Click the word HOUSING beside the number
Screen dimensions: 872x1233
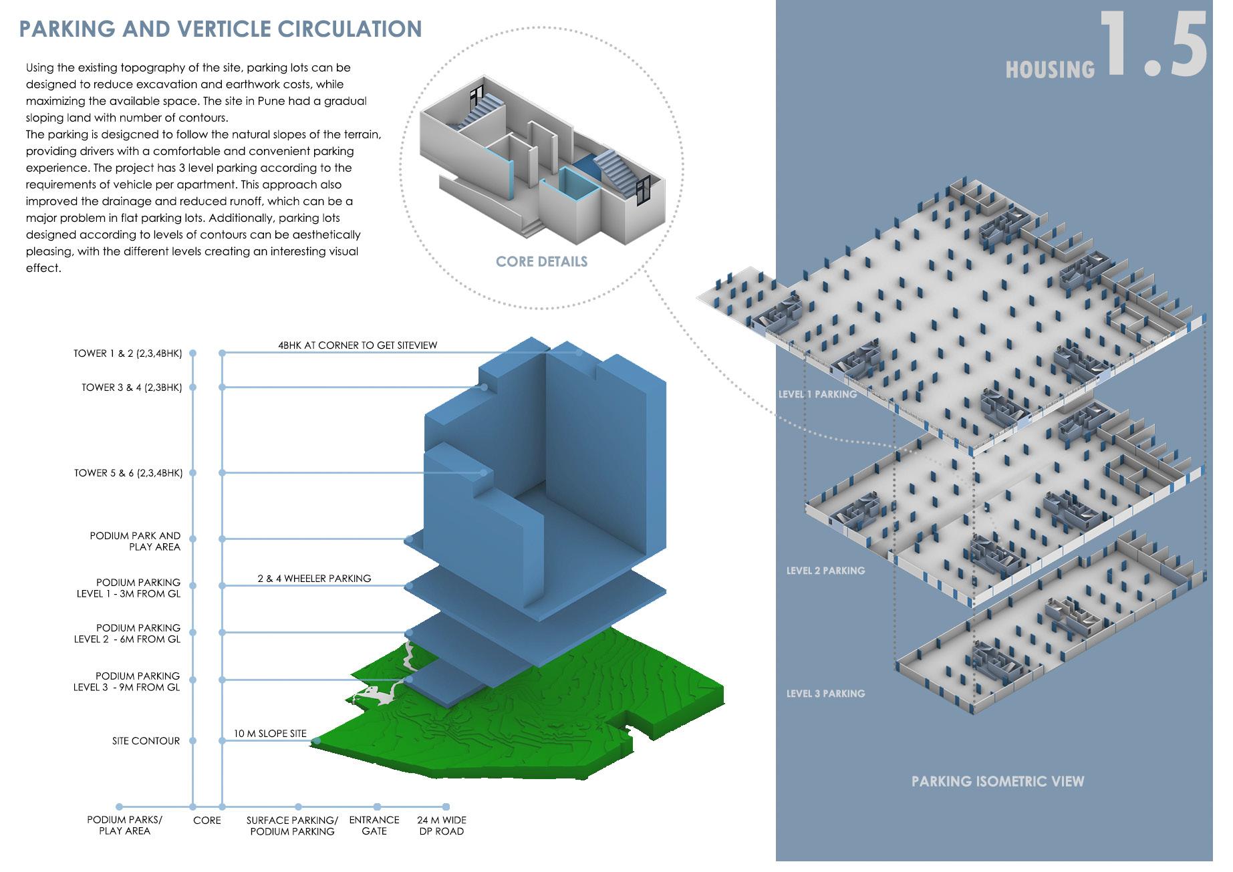(x=1050, y=69)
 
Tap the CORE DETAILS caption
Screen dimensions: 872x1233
(x=541, y=261)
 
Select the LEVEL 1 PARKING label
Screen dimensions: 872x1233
(x=817, y=394)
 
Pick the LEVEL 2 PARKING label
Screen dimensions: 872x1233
(x=825, y=571)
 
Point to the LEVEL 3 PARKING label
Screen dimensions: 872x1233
(x=825, y=694)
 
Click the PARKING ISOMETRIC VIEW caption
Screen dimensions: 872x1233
(x=997, y=781)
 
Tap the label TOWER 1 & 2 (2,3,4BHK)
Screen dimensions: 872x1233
(x=128, y=353)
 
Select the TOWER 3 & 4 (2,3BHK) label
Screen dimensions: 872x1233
(x=132, y=388)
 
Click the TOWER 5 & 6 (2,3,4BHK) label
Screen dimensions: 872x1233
(x=128, y=473)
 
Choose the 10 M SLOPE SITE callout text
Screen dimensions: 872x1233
(x=270, y=734)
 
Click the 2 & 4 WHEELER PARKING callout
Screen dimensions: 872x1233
(x=314, y=579)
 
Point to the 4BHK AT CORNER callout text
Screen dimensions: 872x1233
(x=358, y=345)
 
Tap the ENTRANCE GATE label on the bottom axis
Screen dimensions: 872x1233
(x=374, y=825)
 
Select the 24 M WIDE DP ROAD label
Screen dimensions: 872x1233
(x=442, y=825)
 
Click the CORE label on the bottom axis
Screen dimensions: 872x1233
(x=207, y=821)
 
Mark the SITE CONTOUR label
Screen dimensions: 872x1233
(x=146, y=741)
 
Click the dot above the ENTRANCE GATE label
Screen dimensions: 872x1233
(x=377, y=807)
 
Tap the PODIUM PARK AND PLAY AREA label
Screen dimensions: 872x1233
(x=136, y=541)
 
